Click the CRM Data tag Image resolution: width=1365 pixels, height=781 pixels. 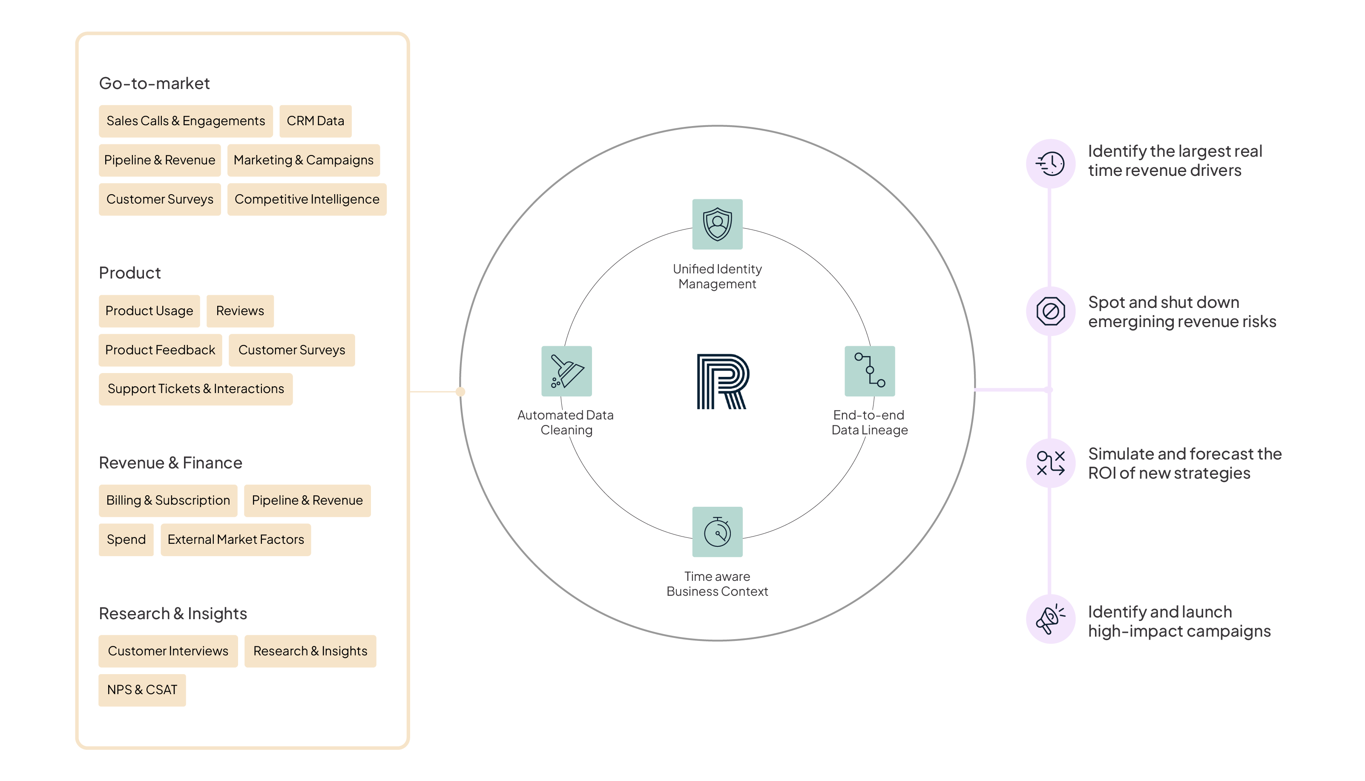[315, 121]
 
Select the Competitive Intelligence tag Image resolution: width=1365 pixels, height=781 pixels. [307, 200]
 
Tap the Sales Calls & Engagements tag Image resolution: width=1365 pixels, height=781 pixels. [186, 121]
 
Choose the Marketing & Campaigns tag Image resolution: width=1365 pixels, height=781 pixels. [304, 161]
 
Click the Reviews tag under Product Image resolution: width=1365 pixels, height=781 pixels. [240, 311]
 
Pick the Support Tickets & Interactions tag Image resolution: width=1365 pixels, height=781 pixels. [196, 389]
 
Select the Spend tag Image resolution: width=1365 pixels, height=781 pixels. [126, 540]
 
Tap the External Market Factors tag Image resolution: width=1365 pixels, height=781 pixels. [236, 540]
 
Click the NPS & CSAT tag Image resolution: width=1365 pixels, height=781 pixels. [142, 690]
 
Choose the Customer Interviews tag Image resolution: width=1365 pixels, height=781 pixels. [168, 651]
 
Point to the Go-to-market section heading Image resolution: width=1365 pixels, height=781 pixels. [155, 83]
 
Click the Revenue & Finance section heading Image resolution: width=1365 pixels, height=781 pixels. [170, 463]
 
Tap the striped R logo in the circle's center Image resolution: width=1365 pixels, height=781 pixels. [722, 382]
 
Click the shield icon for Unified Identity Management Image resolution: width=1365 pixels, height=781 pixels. [717, 224]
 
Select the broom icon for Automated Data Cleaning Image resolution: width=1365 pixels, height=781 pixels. [566, 371]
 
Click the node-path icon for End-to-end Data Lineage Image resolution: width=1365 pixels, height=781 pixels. [869, 371]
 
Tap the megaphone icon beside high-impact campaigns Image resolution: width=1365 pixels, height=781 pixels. [1050, 619]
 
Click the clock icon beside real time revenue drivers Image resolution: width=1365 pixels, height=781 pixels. [1050, 164]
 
